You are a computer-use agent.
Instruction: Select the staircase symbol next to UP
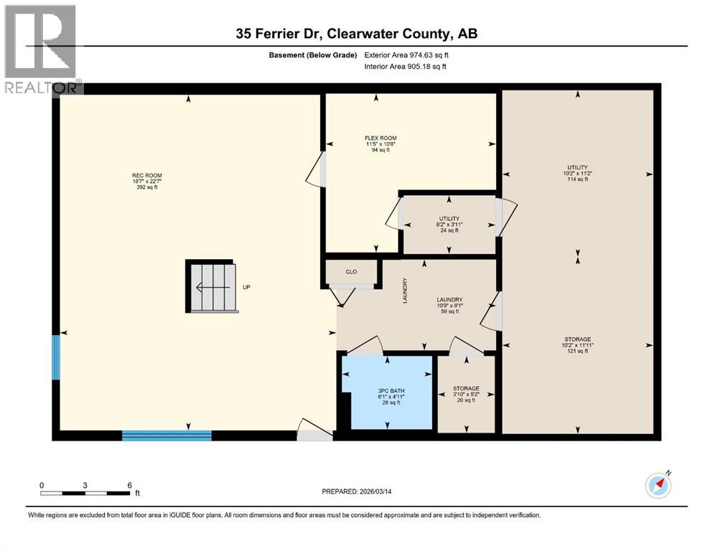click(213, 287)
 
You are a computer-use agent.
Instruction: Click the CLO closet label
click(351, 273)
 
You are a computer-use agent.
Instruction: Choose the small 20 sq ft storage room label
click(466, 394)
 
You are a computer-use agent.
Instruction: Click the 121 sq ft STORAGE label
click(577, 345)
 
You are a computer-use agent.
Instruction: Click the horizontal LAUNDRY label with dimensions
click(449, 306)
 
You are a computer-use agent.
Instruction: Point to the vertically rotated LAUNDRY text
click(405, 291)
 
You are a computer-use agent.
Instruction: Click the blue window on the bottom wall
click(167, 435)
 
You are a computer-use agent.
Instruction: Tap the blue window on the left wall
click(56, 357)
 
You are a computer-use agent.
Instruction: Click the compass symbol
click(658, 486)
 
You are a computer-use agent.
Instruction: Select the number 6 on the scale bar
click(129, 485)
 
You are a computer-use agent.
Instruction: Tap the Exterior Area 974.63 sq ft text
click(410, 55)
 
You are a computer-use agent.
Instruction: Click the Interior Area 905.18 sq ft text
click(406, 67)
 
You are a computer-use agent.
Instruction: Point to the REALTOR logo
click(41, 49)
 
